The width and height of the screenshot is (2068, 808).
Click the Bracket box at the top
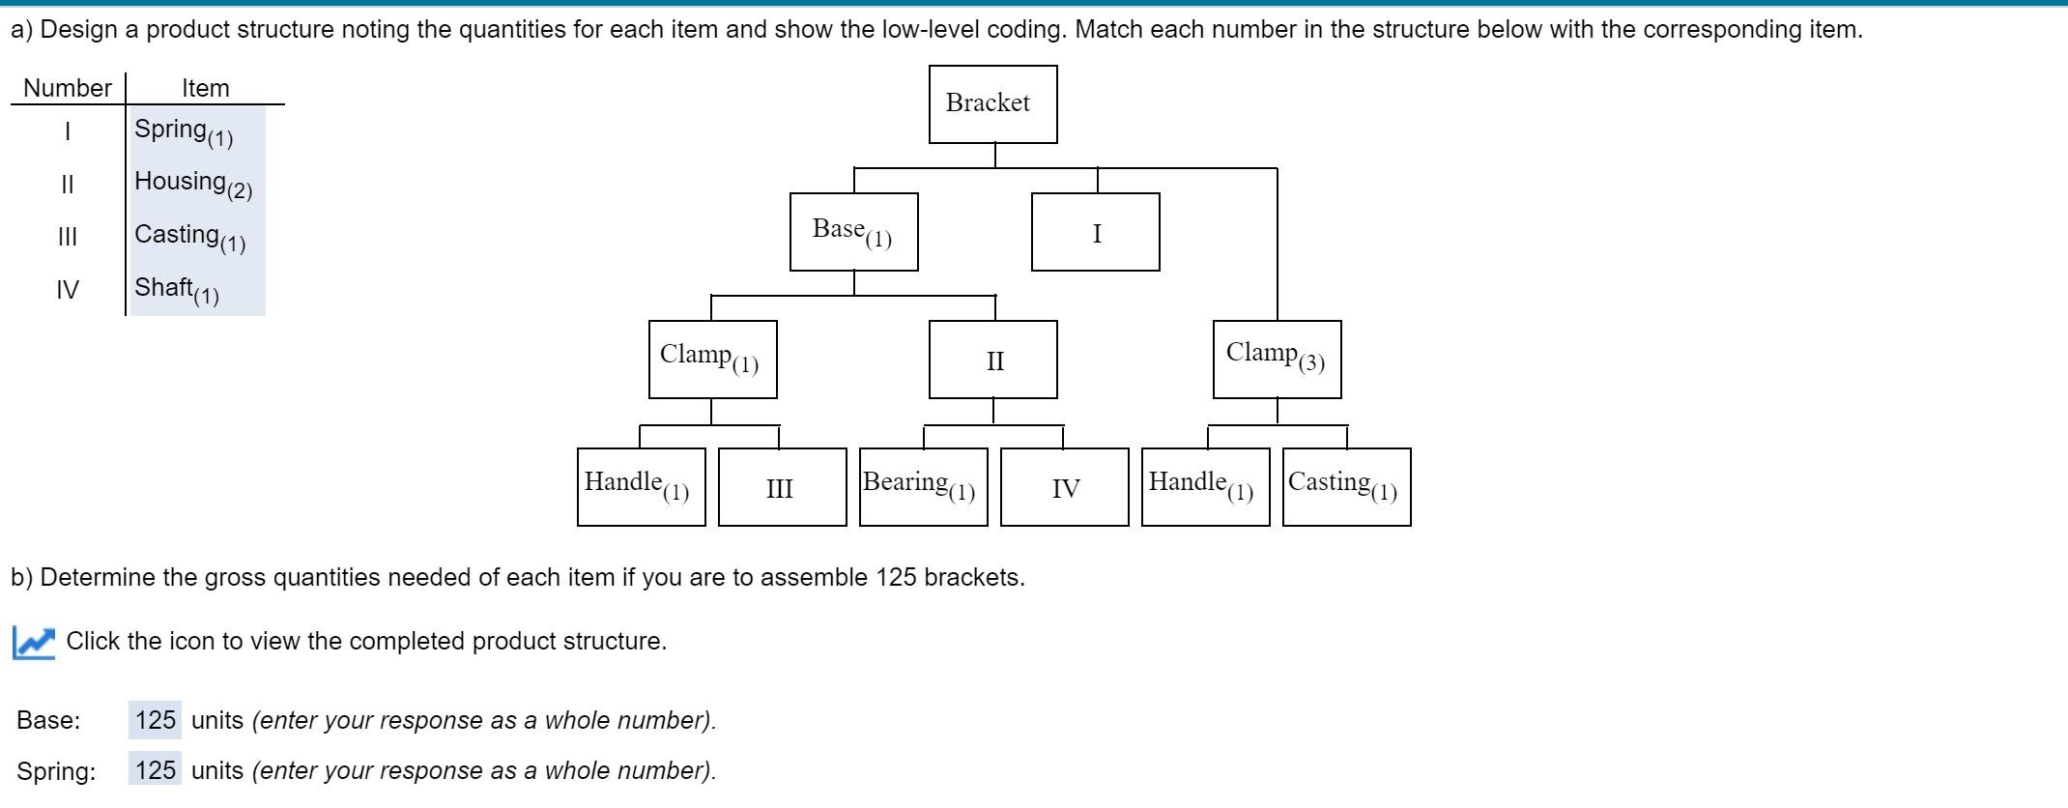click(x=992, y=104)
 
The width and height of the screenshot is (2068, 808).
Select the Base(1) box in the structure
click(x=853, y=232)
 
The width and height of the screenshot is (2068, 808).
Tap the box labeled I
click(x=1095, y=232)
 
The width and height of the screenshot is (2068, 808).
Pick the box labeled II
click(x=992, y=360)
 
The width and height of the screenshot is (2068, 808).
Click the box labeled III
click(x=782, y=487)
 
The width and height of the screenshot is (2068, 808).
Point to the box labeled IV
click(x=1064, y=487)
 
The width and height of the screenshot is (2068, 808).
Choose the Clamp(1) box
click(x=712, y=360)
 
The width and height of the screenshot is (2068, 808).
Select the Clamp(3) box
click(x=1277, y=360)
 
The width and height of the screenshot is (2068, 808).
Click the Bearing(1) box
click(x=923, y=487)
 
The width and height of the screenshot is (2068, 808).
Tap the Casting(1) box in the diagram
click(x=1346, y=487)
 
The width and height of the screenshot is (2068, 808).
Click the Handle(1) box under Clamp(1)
click(x=641, y=487)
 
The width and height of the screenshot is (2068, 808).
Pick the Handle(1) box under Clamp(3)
click(x=1205, y=487)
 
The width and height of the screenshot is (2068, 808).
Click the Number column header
click(x=67, y=88)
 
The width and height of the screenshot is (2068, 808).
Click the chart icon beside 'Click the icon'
click(x=34, y=642)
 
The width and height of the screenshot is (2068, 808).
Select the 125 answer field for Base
click(x=155, y=720)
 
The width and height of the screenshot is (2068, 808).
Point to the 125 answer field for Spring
click(x=155, y=770)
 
